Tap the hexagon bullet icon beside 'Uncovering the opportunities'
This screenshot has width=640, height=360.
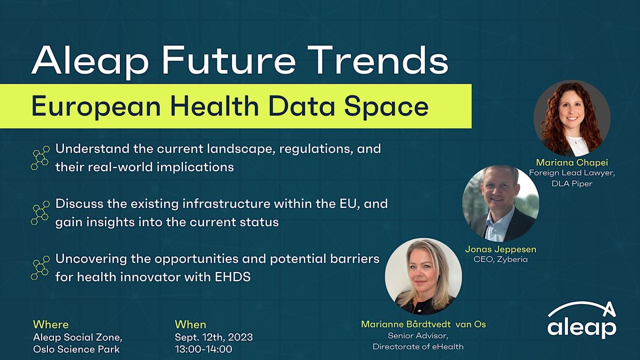[x=41, y=267]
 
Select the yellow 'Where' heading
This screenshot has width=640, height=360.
[x=51, y=324]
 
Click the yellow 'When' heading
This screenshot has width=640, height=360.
[x=190, y=324]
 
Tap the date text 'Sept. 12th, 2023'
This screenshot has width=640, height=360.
[x=214, y=337]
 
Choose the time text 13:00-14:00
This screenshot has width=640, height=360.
[x=204, y=349]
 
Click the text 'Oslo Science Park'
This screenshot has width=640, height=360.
[x=76, y=349]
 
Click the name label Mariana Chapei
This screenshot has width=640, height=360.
[x=572, y=162]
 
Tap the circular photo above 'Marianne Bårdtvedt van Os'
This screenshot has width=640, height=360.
[x=423, y=276]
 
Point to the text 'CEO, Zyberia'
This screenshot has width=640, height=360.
[x=500, y=259]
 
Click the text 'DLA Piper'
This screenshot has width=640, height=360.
[x=572, y=183]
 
